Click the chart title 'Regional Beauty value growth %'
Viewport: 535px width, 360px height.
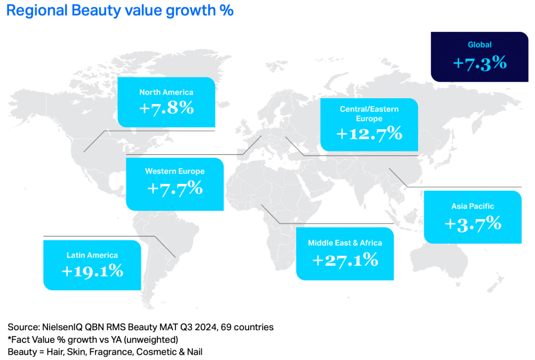point(120,10)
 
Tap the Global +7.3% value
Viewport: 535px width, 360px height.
point(480,63)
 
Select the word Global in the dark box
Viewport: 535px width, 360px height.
point(480,45)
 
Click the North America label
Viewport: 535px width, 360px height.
point(166,92)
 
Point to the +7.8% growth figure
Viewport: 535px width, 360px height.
point(167,108)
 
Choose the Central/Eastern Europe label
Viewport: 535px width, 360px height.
point(369,113)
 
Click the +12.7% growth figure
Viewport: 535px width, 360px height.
point(369,133)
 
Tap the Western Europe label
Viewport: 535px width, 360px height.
point(175,171)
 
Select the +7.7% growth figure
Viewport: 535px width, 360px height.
point(175,188)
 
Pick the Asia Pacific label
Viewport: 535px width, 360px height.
point(472,206)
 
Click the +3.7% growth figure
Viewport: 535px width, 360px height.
point(473,224)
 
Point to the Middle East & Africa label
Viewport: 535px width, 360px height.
point(345,243)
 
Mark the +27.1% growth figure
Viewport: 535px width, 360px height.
point(345,260)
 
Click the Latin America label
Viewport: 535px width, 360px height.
point(92,256)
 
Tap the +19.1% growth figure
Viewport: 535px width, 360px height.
point(92,271)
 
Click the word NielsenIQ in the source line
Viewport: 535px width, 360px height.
point(62,327)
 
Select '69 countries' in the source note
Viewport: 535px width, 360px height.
point(247,327)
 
